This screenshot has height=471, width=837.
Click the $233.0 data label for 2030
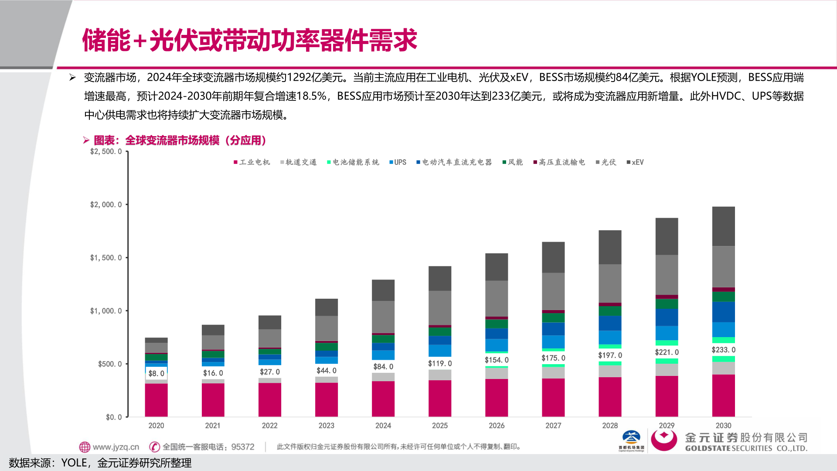click(723, 350)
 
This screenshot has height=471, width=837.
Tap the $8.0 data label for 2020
click(156, 373)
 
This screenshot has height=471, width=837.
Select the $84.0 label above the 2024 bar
click(383, 367)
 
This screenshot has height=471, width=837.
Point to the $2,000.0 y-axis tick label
click(106, 205)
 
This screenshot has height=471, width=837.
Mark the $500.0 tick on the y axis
click(110, 364)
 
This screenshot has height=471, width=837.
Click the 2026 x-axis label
click(497, 425)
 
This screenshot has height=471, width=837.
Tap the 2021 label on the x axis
click(213, 425)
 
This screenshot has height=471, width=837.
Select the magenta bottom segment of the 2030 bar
click(723, 395)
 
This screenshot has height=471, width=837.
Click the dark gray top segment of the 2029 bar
click(667, 236)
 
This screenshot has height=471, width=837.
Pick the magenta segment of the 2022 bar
click(269, 399)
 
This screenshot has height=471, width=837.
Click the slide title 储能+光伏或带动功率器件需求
click(250, 40)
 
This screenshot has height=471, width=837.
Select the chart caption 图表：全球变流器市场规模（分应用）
click(180, 140)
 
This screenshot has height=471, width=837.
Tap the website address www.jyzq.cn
click(116, 447)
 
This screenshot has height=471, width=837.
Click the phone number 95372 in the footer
click(243, 447)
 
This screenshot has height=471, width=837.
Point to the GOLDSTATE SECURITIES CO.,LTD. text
click(746, 448)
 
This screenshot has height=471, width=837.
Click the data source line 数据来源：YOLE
click(100, 463)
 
